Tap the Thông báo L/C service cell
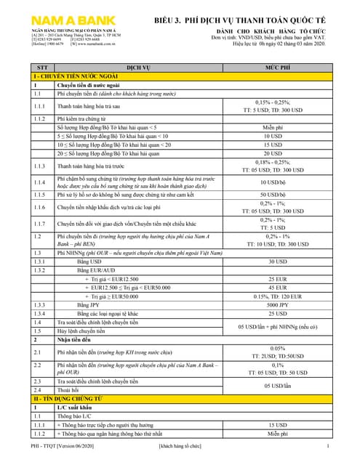tap(76, 417)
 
